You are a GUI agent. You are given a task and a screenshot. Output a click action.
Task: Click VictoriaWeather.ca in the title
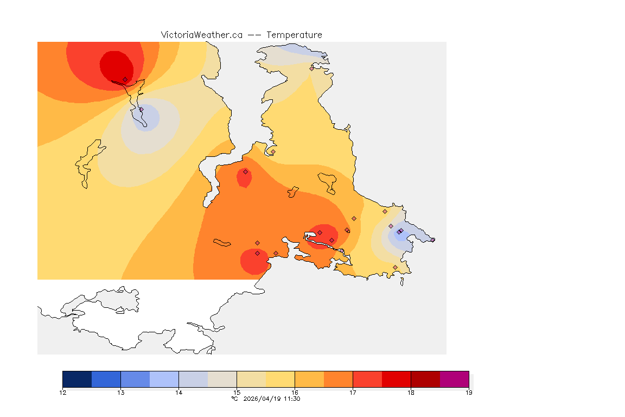(201, 35)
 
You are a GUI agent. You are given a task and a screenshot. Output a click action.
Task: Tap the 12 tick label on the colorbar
(63, 392)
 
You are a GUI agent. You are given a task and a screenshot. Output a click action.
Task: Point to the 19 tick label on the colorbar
(469, 392)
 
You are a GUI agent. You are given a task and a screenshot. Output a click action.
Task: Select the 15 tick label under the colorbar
(237, 392)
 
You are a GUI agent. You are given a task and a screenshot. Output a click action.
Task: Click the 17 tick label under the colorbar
(353, 392)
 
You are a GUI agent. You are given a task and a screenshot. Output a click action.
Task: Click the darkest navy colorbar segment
(77, 378)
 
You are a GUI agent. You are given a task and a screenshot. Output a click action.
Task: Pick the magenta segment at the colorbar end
(454, 378)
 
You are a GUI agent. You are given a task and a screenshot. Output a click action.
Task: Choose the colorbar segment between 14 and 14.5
(193, 378)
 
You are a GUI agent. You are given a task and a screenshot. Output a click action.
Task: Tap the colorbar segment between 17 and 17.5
(367, 378)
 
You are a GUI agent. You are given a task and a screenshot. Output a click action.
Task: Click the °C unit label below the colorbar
(235, 399)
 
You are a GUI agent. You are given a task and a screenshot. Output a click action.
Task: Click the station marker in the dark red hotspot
(125, 79)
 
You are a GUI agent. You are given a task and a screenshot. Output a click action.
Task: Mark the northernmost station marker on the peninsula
(312, 68)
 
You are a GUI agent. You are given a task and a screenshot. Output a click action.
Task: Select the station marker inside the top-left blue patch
(141, 110)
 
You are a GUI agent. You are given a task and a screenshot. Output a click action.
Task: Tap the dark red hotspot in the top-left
(115, 64)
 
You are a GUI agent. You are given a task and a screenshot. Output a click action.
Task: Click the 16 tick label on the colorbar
(295, 392)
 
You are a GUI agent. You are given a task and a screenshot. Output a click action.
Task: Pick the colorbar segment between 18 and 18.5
(425, 378)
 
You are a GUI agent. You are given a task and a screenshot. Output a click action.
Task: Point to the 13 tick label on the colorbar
(121, 392)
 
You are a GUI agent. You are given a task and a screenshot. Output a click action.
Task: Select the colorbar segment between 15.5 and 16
(280, 378)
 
